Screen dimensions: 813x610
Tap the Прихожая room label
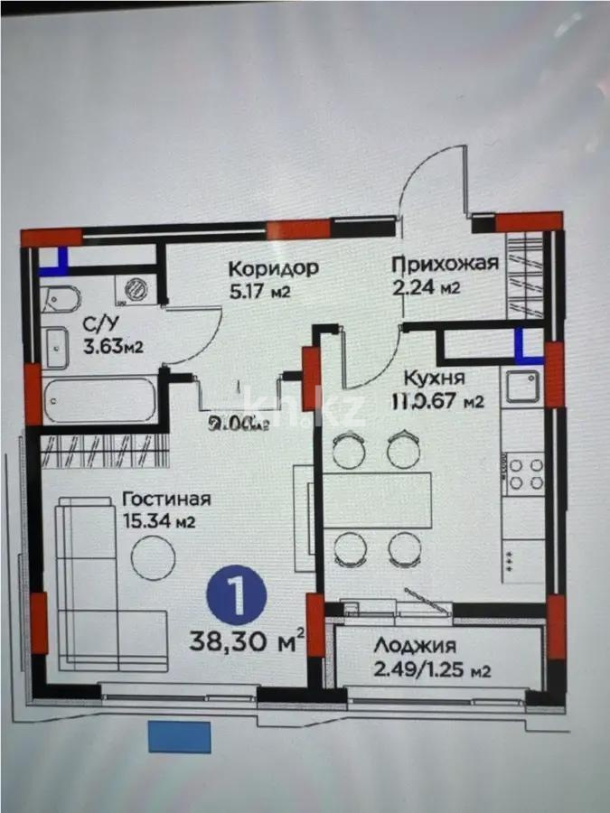point(445,264)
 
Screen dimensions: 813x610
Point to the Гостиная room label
point(167,499)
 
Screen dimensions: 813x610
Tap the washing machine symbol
point(136,288)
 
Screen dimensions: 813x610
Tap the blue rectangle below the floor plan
point(180,736)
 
